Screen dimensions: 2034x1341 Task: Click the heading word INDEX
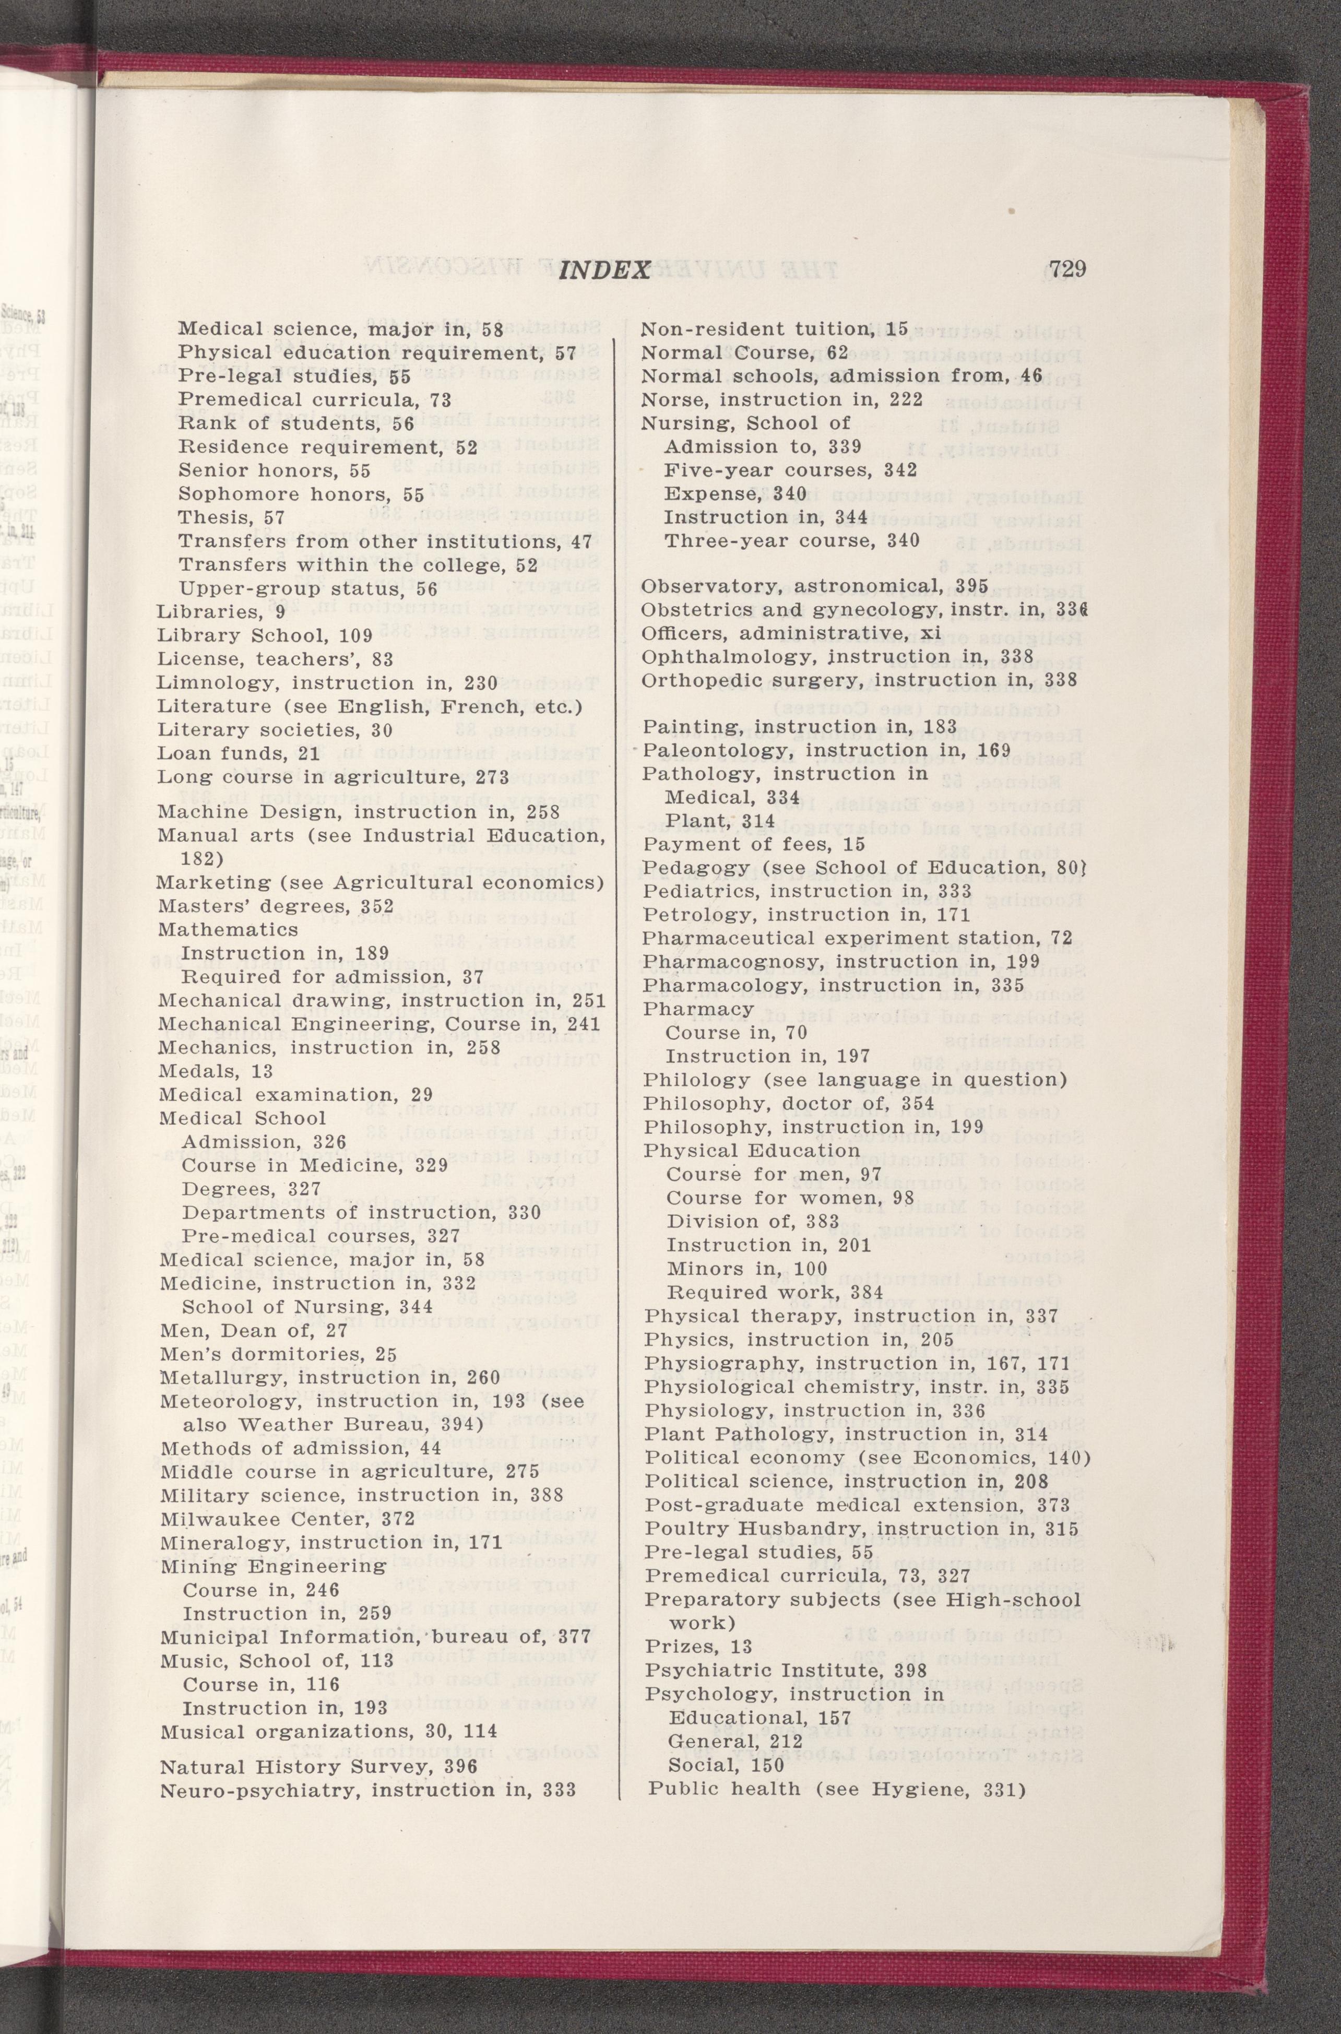coord(604,271)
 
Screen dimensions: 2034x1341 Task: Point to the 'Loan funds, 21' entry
coord(238,753)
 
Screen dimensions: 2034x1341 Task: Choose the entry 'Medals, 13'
coord(216,1071)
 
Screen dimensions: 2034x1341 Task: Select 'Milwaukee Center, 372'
coord(287,1519)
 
